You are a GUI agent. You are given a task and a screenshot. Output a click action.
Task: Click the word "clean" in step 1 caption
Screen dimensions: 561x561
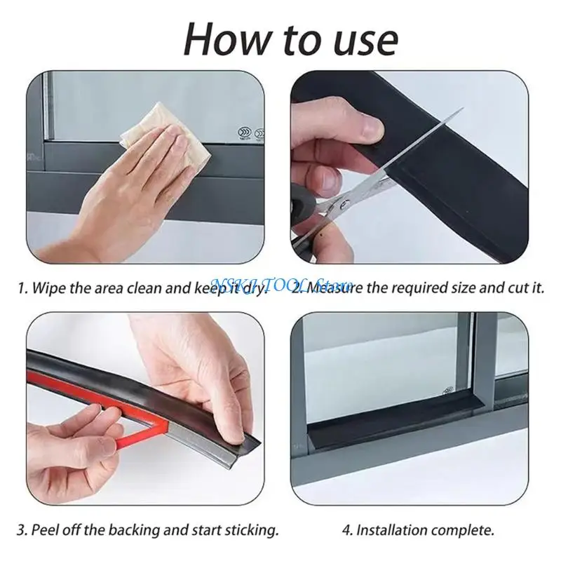140,288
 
